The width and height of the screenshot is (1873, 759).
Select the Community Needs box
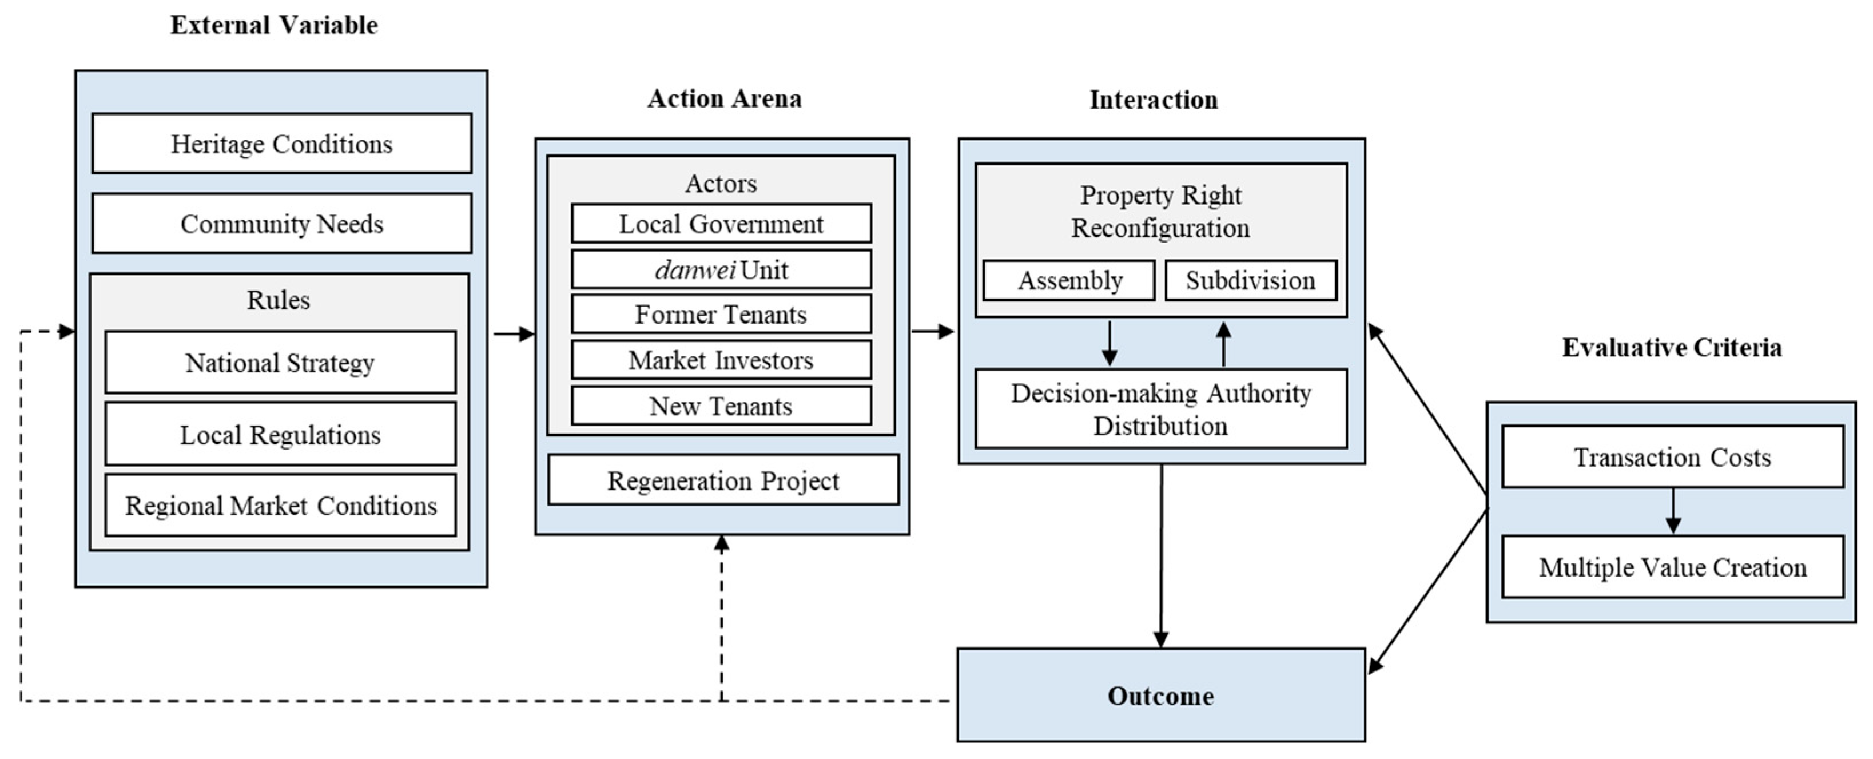point(281,223)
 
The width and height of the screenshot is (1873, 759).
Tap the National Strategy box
point(280,362)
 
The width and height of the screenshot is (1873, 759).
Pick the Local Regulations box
point(280,434)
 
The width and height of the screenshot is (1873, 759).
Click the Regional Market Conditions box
point(280,505)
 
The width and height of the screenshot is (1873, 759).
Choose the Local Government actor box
point(721,223)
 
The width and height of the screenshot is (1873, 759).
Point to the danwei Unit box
point(721,270)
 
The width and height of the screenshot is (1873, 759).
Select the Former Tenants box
point(721,314)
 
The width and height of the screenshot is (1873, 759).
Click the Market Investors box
point(721,360)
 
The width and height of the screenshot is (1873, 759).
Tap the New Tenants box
point(721,406)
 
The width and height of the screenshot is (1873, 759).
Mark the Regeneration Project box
point(723,480)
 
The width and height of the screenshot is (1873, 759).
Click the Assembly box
point(1068,280)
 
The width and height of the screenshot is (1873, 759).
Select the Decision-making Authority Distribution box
point(1160,408)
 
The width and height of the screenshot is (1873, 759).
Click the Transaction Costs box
point(1672,456)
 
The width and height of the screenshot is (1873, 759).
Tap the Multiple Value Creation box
point(1672,566)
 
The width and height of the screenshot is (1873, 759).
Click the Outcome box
point(1160,695)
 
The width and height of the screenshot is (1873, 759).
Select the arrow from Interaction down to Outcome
point(1161,555)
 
